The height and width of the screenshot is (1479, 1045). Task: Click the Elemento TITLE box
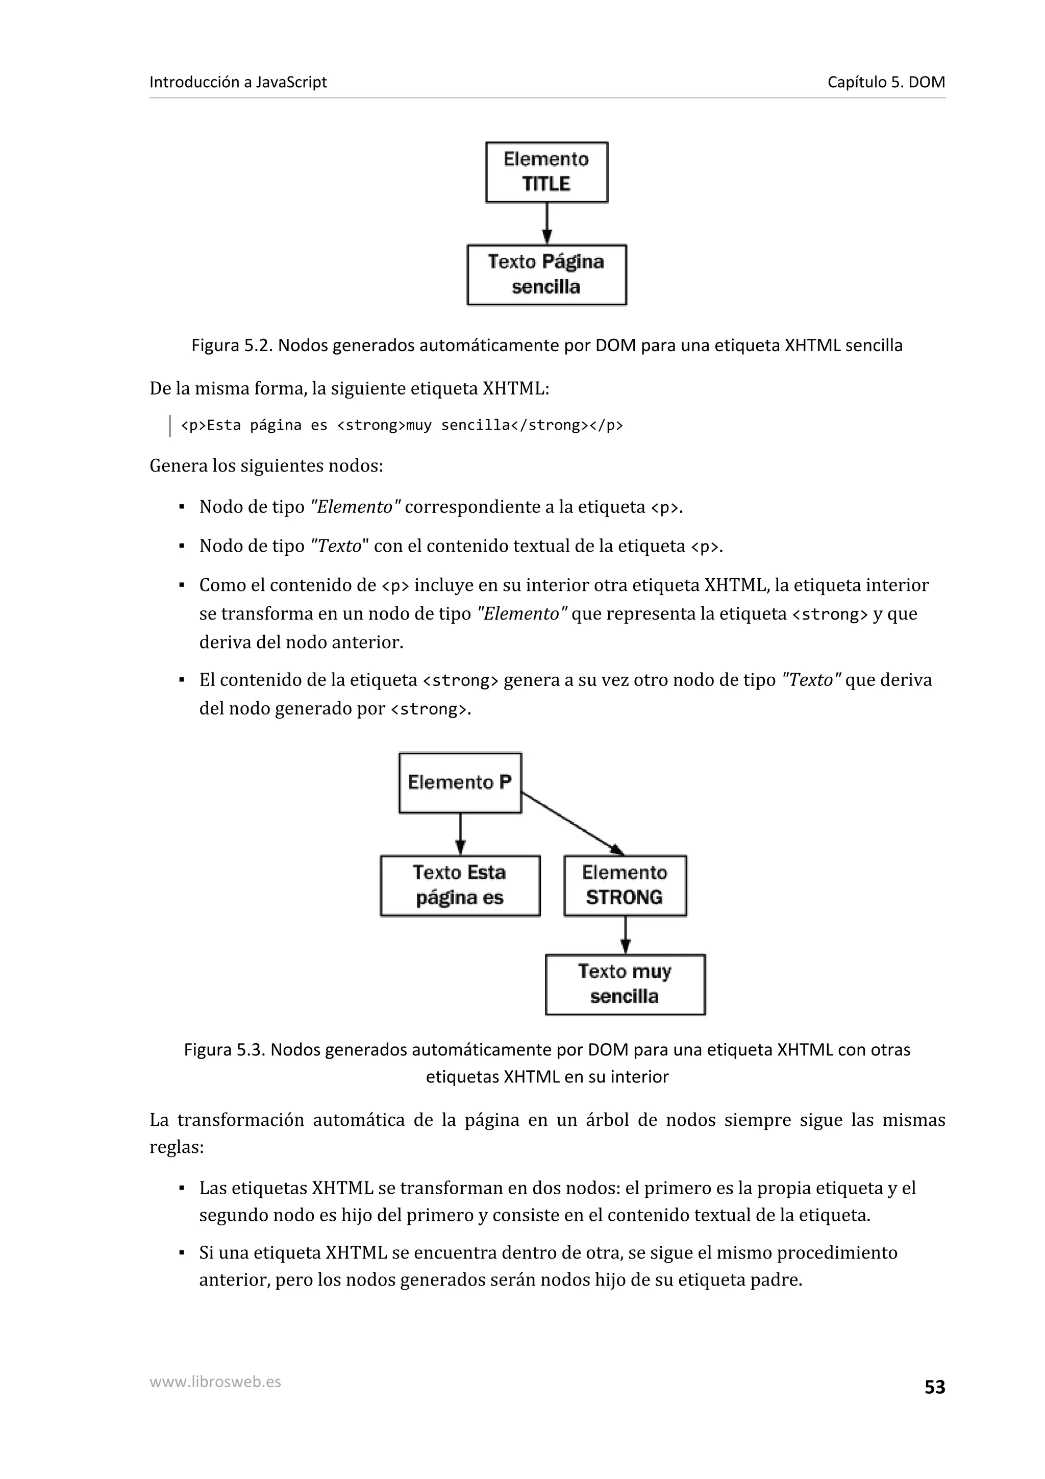coord(546,172)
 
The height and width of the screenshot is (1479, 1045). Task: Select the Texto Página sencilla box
coord(546,275)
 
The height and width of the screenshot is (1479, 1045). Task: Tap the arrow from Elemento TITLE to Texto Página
coord(546,223)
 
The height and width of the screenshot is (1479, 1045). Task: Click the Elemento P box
coord(460,783)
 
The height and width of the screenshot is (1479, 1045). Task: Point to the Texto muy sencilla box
coord(625,984)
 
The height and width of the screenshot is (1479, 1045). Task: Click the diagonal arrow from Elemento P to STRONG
coord(572,823)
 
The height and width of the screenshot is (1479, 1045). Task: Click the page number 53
coord(934,1387)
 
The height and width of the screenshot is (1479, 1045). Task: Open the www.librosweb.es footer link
coord(215,1381)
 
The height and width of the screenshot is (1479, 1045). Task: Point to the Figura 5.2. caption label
coord(233,346)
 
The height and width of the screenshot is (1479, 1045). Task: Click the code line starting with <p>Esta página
coord(402,425)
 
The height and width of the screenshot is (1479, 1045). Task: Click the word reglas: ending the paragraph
coord(177,1147)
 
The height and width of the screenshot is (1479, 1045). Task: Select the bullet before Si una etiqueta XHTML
coord(182,1253)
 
